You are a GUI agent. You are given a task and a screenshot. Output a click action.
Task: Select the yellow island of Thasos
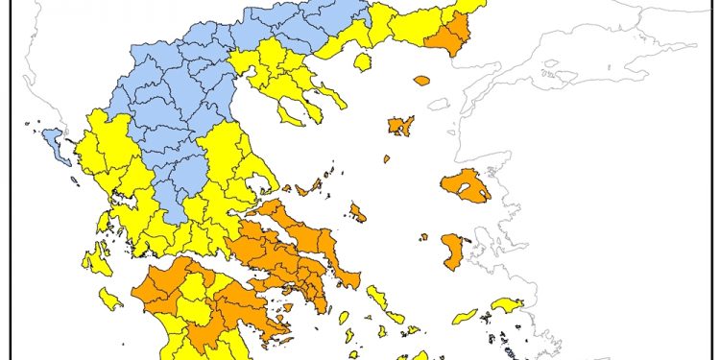363,62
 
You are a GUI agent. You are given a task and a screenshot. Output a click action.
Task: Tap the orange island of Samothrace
421,81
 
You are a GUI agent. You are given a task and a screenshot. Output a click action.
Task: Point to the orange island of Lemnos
400,125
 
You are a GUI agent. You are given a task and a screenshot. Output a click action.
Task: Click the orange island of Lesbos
467,185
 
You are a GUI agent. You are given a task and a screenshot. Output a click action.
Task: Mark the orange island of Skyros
357,212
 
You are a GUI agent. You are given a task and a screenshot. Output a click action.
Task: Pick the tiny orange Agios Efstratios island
387,159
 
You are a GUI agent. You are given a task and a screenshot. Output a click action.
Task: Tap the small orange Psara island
422,236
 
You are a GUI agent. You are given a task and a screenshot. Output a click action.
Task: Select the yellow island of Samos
507,305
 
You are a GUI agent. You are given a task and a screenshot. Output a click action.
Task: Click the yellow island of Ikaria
465,315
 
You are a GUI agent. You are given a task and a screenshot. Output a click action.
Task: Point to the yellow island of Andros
372,299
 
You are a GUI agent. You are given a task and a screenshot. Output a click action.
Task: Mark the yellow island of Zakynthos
110,300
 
